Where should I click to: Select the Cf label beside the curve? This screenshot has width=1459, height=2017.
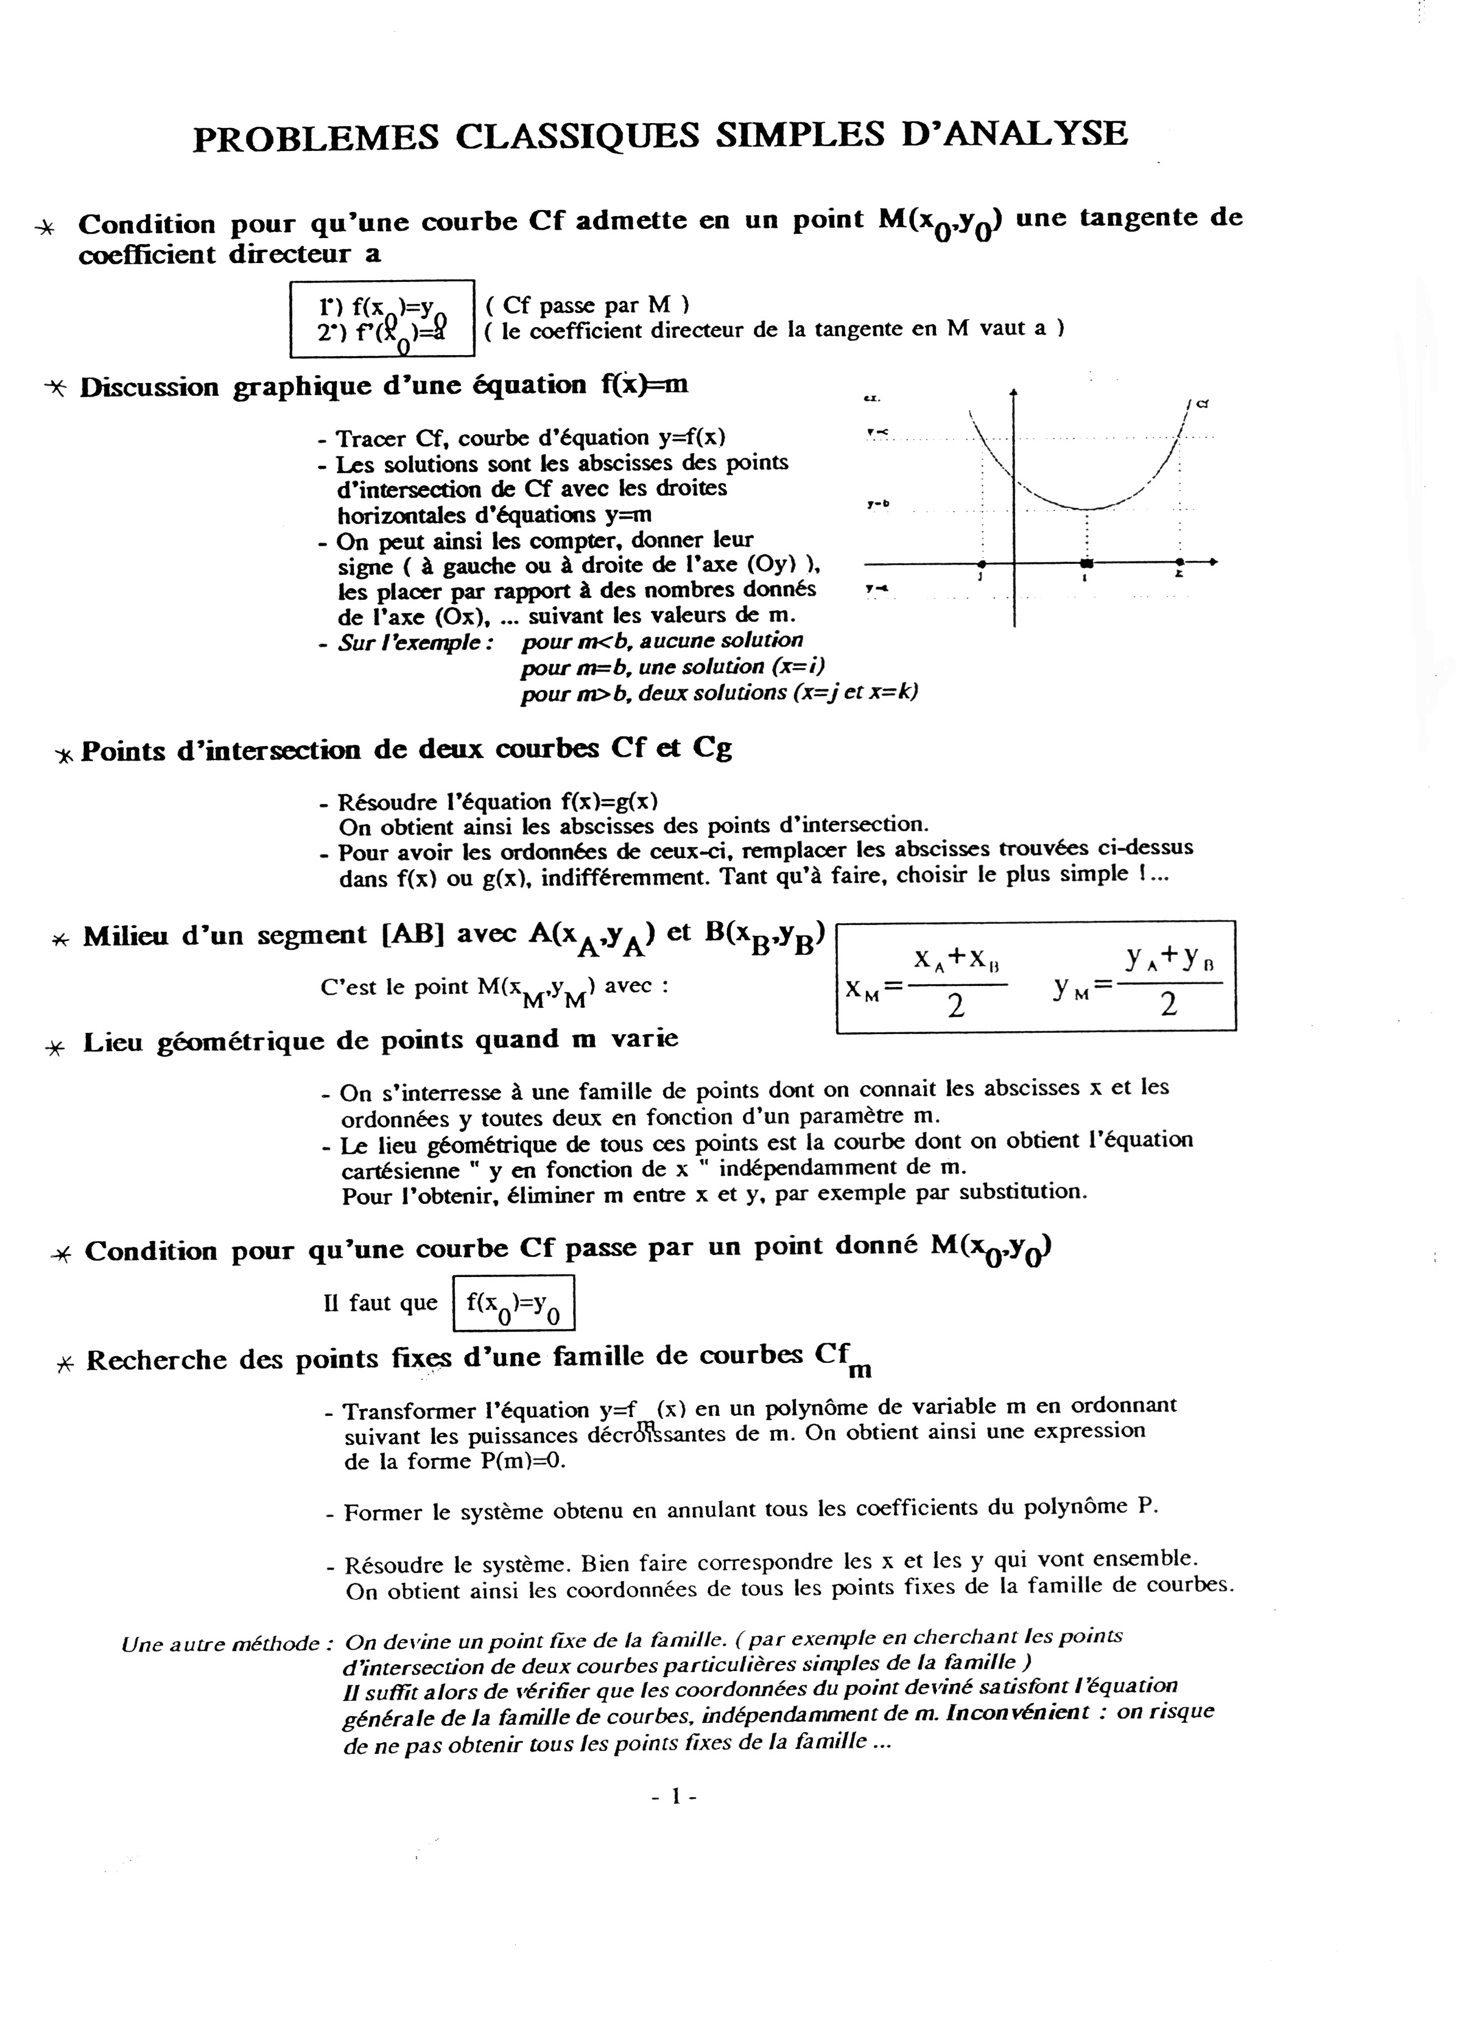pyautogui.click(x=1201, y=404)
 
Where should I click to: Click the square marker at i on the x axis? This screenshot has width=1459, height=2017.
pyautogui.click(x=1086, y=563)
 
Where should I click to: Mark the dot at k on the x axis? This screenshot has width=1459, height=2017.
pyautogui.click(x=1179, y=563)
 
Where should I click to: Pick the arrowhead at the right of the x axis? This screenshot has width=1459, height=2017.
pyautogui.click(x=1213, y=562)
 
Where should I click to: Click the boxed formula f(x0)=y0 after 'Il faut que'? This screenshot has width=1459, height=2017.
pyautogui.click(x=514, y=1304)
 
